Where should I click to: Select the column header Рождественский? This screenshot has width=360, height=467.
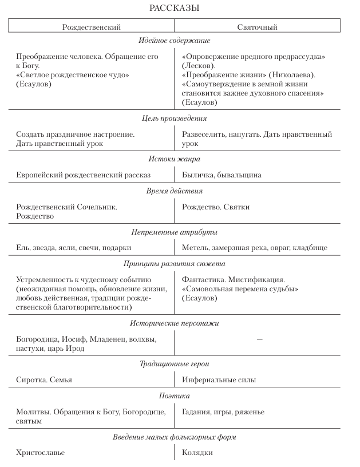click(x=91, y=27)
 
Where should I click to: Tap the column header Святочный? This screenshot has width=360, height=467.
click(x=257, y=27)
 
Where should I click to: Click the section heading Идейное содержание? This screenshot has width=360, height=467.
click(x=174, y=41)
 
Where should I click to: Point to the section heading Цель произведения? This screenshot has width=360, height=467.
click(x=174, y=118)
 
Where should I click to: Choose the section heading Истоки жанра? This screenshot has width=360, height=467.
click(x=174, y=159)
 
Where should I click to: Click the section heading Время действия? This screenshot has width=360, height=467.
click(x=174, y=191)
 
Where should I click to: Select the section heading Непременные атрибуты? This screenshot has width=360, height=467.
click(x=174, y=232)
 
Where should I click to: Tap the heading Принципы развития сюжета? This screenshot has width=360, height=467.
click(x=174, y=264)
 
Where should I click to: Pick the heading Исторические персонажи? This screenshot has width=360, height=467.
click(x=174, y=323)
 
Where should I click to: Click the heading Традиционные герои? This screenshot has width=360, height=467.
click(x=174, y=364)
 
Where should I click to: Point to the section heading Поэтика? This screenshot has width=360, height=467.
click(x=174, y=396)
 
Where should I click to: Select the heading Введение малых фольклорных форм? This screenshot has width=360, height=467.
click(x=174, y=437)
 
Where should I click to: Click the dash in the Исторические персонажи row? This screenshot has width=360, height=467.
click(x=260, y=339)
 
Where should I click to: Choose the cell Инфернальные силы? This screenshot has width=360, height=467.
click(x=219, y=380)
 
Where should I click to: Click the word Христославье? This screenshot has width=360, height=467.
click(x=40, y=453)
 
